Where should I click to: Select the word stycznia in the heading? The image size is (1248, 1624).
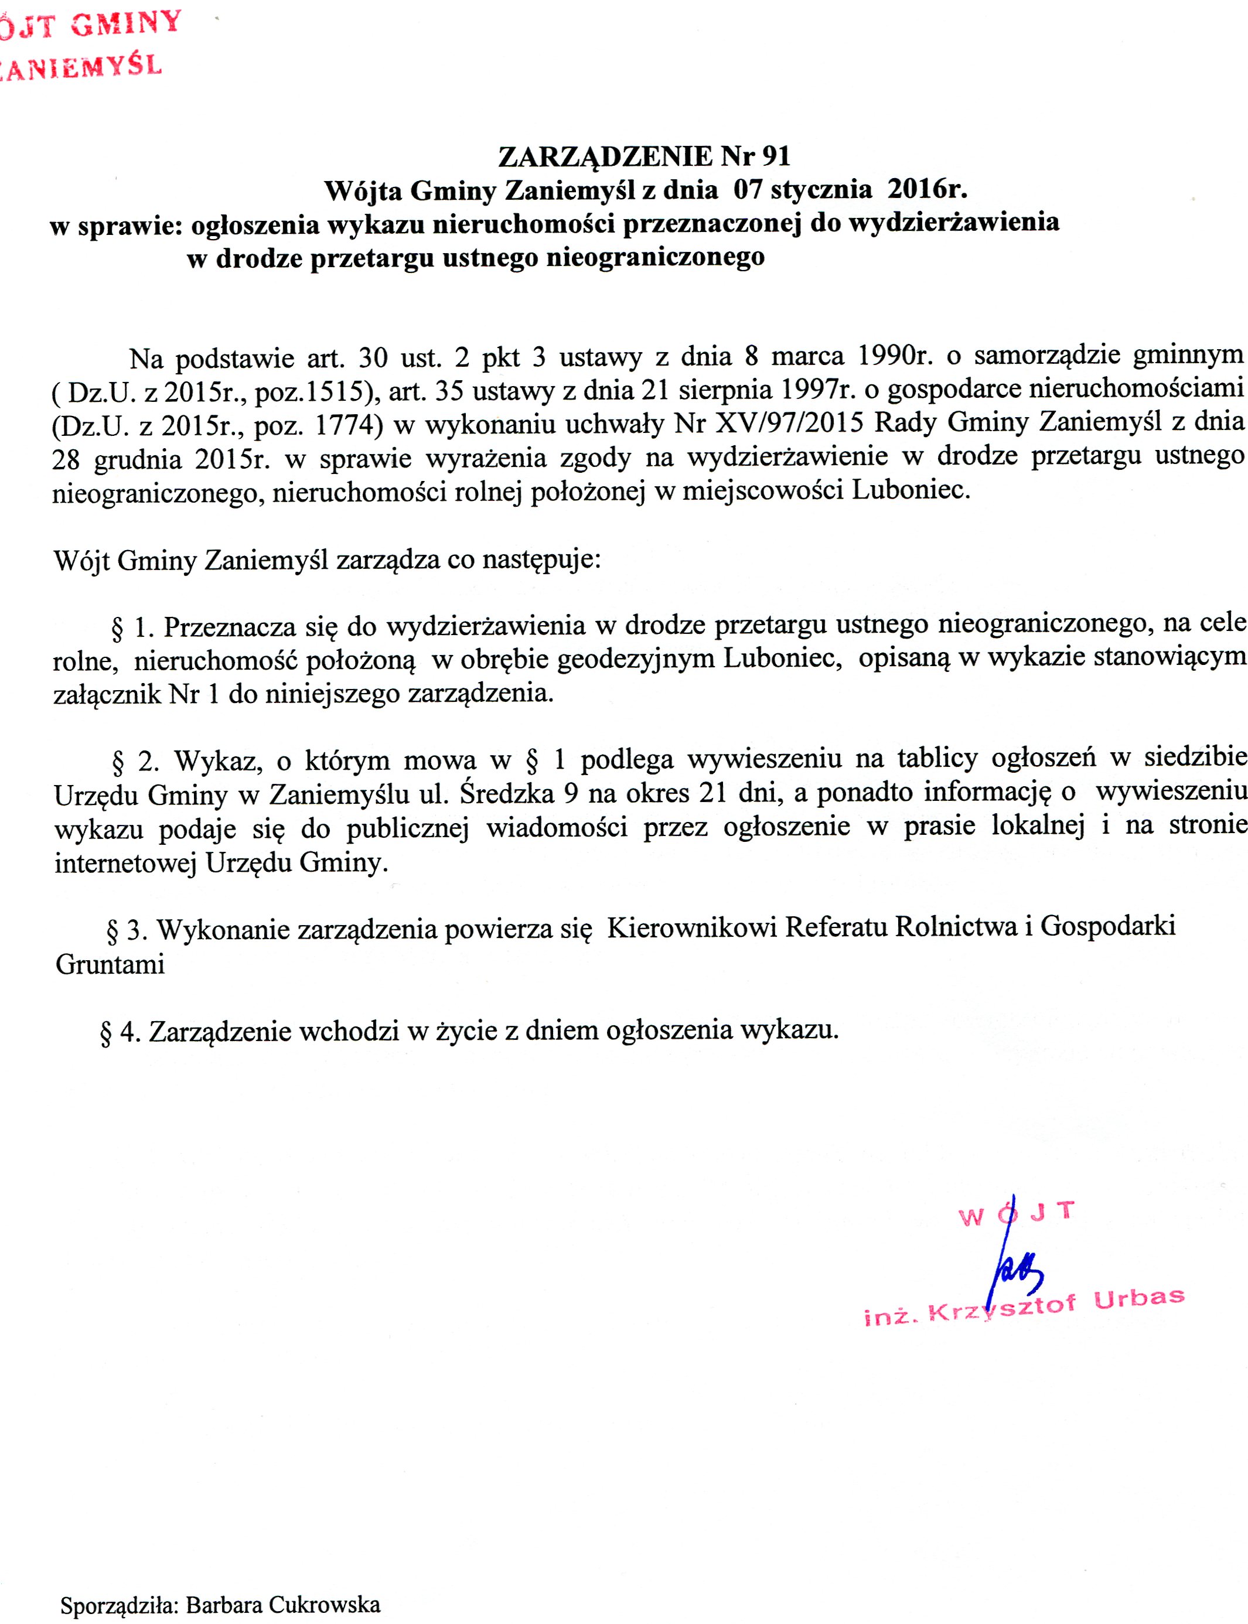(821, 189)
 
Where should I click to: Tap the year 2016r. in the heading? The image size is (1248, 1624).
(927, 189)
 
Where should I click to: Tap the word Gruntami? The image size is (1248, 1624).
(110, 964)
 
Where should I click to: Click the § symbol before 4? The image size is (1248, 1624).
(105, 1033)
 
